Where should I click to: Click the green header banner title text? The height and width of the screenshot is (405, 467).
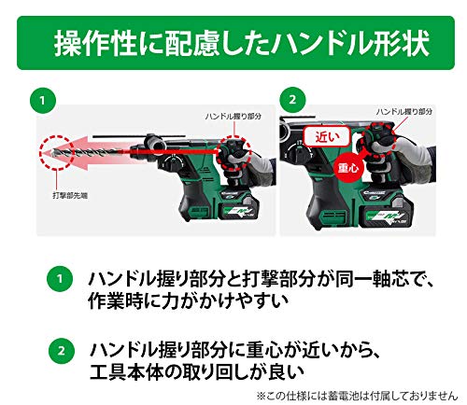point(242,43)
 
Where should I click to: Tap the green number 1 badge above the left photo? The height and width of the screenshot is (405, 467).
point(43,101)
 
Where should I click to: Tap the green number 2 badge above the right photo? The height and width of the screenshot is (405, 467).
point(292,100)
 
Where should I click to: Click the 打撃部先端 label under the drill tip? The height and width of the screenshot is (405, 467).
point(70,196)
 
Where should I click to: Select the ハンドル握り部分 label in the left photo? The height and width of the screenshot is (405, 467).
point(233,117)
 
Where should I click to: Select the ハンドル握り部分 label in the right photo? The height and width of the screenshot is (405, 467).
point(404,111)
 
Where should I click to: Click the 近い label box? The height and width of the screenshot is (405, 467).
point(327,137)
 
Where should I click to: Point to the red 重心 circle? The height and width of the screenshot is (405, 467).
point(348,168)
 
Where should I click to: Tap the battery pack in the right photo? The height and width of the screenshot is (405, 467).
point(386,213)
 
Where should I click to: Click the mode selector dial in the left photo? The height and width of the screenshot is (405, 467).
point(171,163)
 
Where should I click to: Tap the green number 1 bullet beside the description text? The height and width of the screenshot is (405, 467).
point(60,278)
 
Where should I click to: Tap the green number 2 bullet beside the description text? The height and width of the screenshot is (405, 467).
point(62,351)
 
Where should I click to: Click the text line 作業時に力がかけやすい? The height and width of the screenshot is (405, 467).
point(188,300)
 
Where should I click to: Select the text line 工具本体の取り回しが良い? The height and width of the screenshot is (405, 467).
point(196,371)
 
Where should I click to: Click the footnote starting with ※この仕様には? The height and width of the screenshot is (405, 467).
point(357,396)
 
